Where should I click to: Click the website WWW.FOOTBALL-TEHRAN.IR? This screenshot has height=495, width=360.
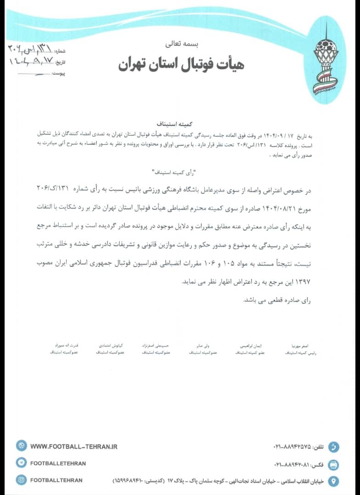[x=74, y=445]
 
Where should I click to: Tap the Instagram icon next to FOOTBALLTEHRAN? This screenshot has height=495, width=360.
[x=21, y=480]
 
